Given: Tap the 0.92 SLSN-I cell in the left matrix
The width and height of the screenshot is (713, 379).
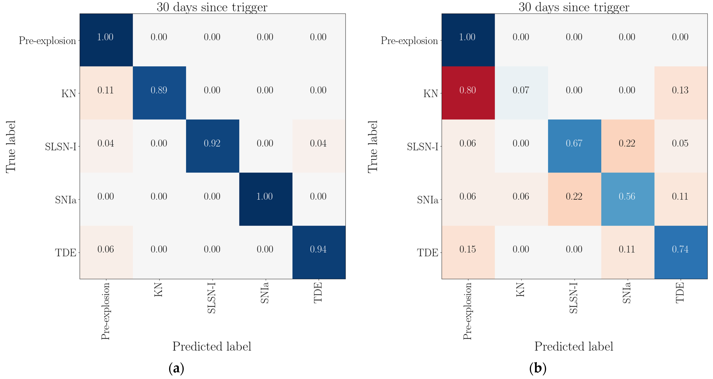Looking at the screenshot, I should [212, 143].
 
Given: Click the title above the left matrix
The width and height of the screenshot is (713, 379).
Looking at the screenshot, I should [212, 7].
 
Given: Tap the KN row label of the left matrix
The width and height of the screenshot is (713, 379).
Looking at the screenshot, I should [69, 94].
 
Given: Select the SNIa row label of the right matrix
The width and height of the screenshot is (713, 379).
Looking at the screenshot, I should [428, 200].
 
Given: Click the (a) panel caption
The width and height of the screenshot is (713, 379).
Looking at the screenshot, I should [176, 368].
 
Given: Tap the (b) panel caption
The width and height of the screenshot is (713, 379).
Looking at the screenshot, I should [538, 368].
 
